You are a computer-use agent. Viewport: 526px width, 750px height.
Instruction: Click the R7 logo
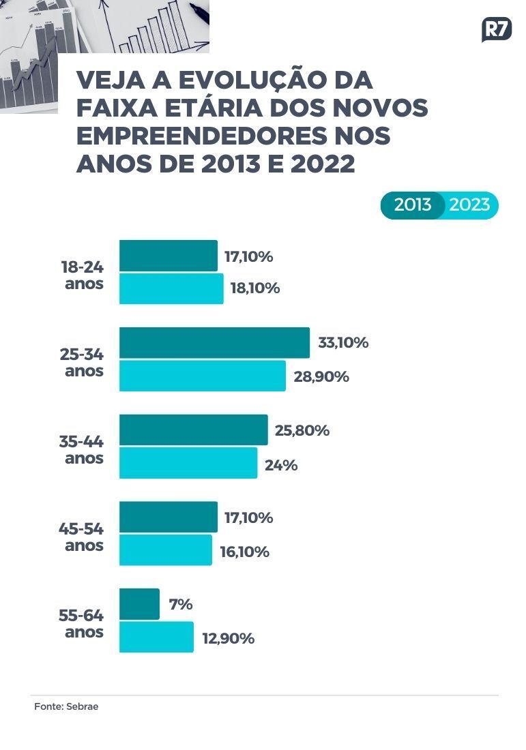coord(496,30)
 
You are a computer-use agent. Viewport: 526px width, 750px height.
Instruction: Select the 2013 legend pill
coord(413,205)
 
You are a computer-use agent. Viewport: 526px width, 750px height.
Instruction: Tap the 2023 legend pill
coord(470,205)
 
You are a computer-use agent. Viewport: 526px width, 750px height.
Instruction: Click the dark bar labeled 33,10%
coord(214,342)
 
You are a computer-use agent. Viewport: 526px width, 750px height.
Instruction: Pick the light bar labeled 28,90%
coord(202,376)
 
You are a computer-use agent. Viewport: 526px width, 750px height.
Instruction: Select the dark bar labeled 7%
coord(139,604)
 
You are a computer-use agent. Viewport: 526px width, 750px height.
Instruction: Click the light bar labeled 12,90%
coord(156,637)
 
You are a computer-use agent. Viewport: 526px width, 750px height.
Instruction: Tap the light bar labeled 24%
coord(188,463)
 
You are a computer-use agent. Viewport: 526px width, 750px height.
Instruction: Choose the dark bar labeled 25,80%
coord(193,430)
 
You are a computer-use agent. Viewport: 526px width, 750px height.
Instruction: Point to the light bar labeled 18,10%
coord(171,288)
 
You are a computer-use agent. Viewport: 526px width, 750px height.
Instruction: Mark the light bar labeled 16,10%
coord(166,550)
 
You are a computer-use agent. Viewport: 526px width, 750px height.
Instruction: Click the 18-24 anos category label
coord(83,275)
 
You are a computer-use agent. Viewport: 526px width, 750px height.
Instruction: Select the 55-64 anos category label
coord(83,623)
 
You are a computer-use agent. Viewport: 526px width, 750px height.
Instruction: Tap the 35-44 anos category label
coord(83,449)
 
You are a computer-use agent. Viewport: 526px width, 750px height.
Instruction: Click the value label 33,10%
coord(343,342)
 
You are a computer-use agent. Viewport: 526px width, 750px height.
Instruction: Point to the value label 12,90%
coord(229,639)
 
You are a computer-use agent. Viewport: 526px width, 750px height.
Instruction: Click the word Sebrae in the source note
coord(83,706)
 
